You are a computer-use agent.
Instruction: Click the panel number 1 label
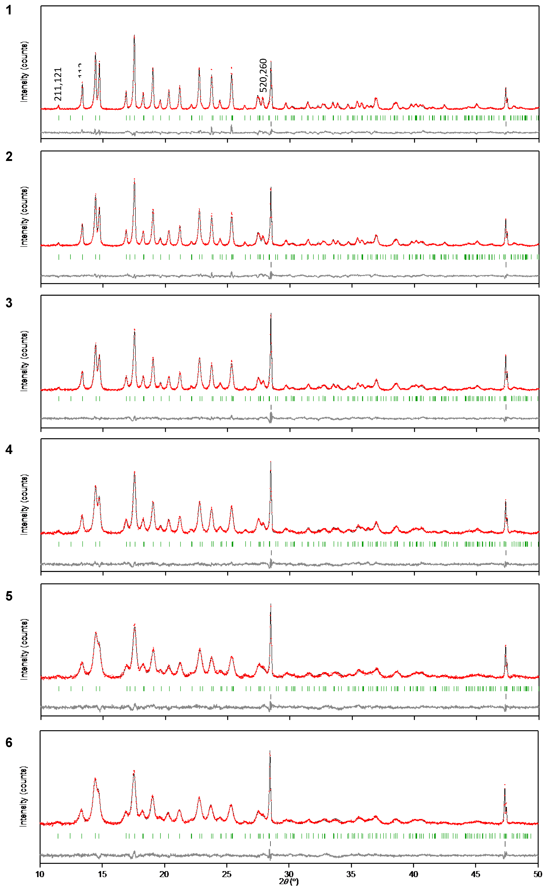9,10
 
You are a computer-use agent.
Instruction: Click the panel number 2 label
9,156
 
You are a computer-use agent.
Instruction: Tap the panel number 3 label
9,303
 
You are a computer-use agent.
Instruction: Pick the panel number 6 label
9,742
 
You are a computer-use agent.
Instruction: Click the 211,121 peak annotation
58,84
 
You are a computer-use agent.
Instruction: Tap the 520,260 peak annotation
263,75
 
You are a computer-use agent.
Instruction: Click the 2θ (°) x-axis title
289,882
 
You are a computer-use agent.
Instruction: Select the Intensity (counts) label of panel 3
24,361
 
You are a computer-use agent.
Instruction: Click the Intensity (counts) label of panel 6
23,797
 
